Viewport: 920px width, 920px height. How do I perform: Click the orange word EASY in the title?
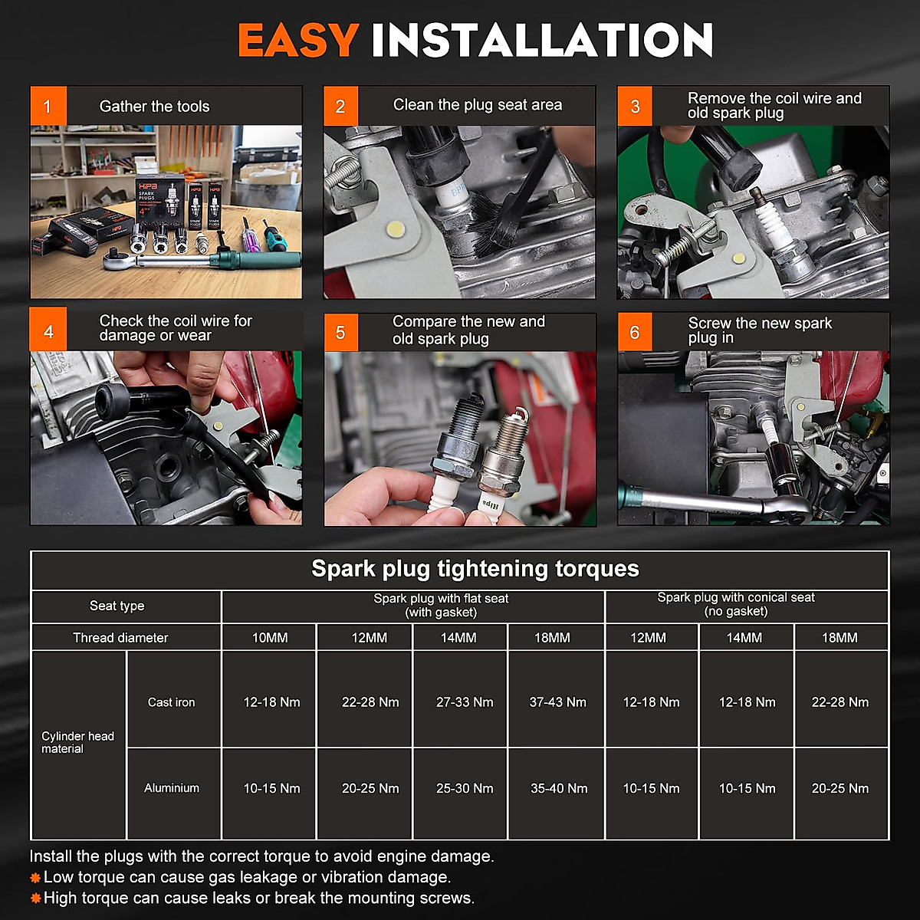click(298, 40)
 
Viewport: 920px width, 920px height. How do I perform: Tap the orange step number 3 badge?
click(635, 106)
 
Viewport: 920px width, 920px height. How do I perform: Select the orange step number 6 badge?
click(635, 332)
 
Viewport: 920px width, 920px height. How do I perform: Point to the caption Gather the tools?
click(154, 106)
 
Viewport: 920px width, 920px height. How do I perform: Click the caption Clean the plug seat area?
click(478, 104)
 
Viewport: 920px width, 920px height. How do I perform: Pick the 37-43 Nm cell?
click(557, 701)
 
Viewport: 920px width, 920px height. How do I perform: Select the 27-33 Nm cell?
click(465, 701)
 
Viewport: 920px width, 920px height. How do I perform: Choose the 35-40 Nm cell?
click(559, 788)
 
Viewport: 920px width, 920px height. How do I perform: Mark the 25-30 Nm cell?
click(465, 788)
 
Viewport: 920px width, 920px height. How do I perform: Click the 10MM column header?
click(270, 637)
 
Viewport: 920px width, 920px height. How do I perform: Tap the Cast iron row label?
click(172, 701)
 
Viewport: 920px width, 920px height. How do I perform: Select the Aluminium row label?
click(172, 788)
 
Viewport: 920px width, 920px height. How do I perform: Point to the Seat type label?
click(117, 606)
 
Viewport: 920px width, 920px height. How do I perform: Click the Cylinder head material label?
click(77, 742)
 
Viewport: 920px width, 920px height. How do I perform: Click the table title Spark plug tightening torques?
click(475, 569)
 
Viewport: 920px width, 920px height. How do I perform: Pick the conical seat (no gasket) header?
click(736, 604)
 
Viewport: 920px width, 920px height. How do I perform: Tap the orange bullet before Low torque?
click(34, 878)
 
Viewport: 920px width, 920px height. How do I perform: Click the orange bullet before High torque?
click(34, 899)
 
